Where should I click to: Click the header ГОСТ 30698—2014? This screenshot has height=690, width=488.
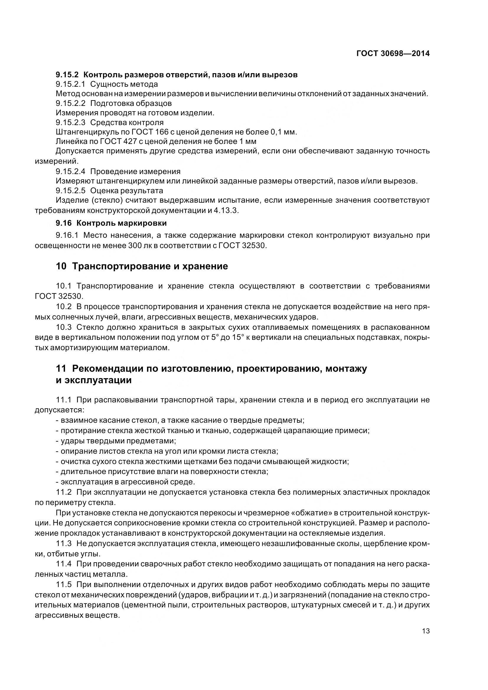pyautogui.click(x=393, y=53)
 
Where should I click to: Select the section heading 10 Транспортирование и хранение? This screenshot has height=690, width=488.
pyautogui.click(x=142, y=266)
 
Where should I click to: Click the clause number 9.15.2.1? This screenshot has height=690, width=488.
pyautogui.click(x=71, y=84)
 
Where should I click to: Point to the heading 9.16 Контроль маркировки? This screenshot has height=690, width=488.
pyautogui.click(x=111, y=223)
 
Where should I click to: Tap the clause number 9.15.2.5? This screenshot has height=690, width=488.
pyautogui.click(x=71, y=191)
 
